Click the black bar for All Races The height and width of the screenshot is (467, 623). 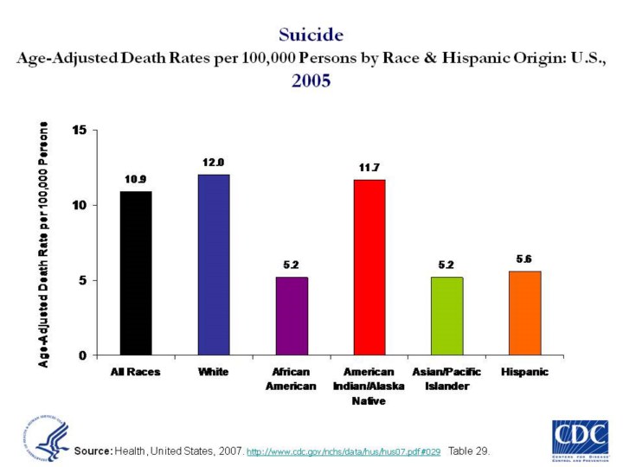point(136,272)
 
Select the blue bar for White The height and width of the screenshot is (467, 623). point(214,265)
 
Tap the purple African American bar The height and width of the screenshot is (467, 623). point(292,316)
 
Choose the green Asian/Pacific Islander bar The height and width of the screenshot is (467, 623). point(447,316)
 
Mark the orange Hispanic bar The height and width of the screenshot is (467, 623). point(525,313)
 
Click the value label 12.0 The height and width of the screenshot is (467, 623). point(214,163)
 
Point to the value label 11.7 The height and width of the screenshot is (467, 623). point(369,167)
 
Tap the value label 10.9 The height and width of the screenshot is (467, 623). point(136,179)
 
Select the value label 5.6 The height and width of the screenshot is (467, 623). point(525,259)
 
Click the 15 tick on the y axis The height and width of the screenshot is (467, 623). point(80,131)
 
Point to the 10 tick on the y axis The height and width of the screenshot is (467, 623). point(80,206)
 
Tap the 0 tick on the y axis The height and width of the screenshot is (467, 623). point(82,355)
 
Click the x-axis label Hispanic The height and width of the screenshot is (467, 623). point(525,372)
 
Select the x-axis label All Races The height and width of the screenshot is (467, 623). point(136,372)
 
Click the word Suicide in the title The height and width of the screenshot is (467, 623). point(311,35)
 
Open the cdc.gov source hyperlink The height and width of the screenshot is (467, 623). point(344,452)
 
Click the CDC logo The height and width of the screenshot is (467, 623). point(579,438)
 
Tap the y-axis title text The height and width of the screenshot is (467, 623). point(44,243)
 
